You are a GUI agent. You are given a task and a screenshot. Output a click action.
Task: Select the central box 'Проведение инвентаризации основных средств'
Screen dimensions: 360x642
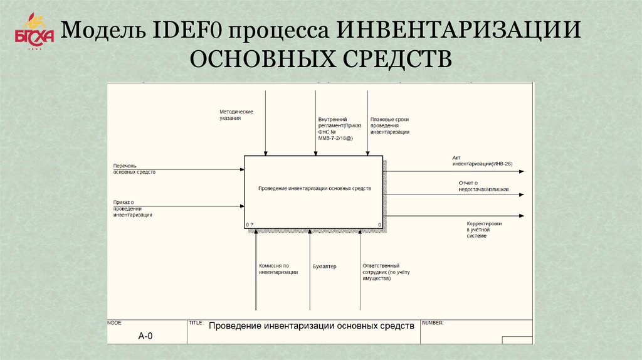point(314,189)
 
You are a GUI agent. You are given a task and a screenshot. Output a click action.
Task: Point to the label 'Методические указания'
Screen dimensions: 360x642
point(236,115)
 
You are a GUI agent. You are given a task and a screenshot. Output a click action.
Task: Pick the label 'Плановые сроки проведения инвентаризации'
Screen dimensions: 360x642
point(389,125)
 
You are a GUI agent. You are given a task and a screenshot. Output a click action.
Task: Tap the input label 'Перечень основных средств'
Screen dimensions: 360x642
point(134,168)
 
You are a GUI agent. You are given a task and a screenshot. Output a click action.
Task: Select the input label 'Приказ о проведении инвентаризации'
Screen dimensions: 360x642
point(132,208)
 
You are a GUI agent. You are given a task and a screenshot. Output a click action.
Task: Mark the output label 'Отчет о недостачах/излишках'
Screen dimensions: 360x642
point(483,186)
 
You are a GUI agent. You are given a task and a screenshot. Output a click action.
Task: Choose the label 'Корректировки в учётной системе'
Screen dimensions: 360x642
point(484,229)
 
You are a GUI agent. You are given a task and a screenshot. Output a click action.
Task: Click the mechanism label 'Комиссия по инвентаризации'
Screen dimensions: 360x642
point(278,269)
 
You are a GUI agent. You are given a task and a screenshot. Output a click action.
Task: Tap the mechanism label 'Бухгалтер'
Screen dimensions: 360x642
point(324,267)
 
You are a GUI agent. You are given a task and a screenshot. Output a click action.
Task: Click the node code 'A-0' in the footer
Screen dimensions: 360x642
point(145,336)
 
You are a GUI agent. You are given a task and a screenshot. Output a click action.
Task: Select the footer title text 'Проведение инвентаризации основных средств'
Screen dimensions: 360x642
point(311,326)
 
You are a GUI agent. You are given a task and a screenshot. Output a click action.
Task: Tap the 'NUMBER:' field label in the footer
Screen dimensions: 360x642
point(433,323)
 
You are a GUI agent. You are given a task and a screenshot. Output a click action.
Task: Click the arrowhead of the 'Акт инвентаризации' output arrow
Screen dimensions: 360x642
point(521,171)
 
